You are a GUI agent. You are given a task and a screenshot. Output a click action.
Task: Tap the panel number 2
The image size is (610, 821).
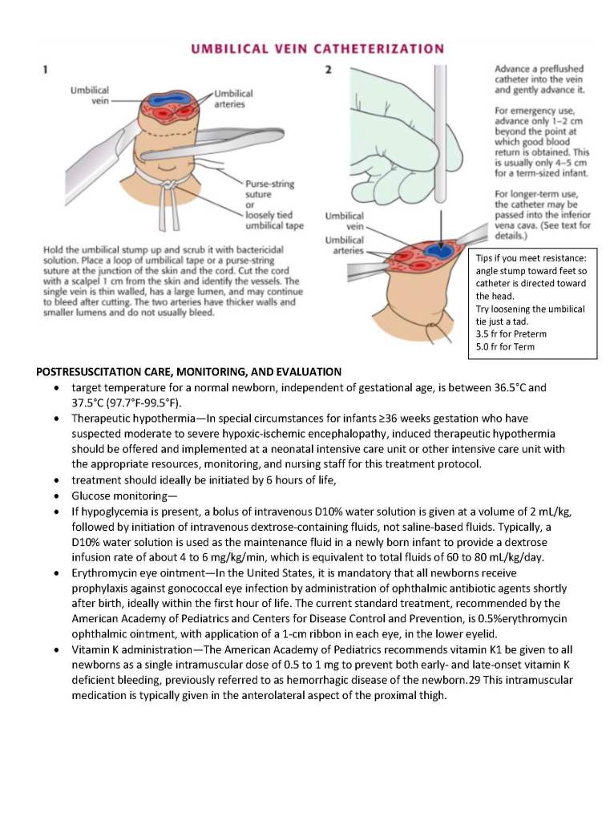coord(329,71)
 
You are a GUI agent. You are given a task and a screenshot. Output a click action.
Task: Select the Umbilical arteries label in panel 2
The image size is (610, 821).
coord(344,245)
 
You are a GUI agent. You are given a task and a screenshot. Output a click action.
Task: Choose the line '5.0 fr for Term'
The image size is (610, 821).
coord(505,347)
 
